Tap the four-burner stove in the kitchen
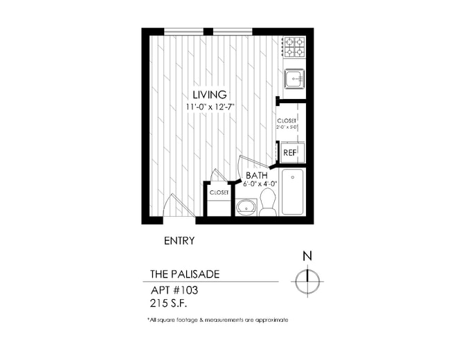click(294, 46)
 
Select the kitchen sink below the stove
click(294, 79)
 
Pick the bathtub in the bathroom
click(294, 191)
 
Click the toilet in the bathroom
click(267, 202)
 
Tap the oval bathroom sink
click(245, 206)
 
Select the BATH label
click(256, 175)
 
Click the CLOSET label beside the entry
click(219, 192)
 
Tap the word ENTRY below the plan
click(179, 241)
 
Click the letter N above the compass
click(307, 256)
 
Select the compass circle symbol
click(307, 281)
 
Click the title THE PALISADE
click(185, 274)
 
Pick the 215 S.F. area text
click(169, 303)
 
